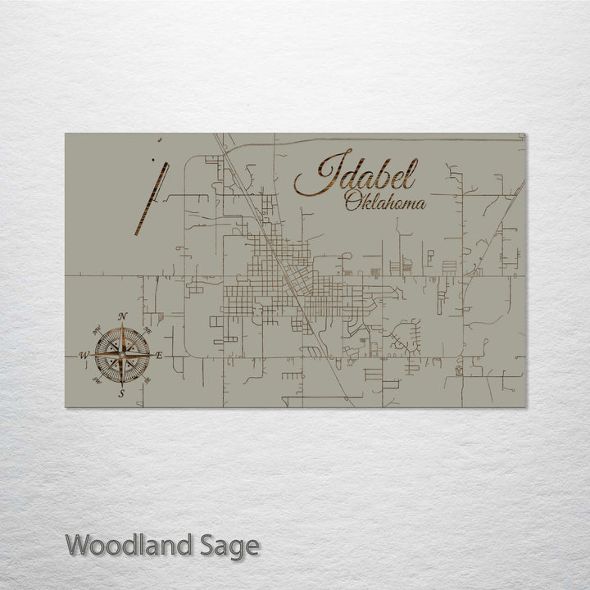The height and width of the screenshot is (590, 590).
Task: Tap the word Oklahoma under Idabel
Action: click(385, 201)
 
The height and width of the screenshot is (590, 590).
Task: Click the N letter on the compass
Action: click(122, 316)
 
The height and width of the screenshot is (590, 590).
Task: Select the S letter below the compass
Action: click(121, 394)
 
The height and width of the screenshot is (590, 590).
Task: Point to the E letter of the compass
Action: click(159, 355)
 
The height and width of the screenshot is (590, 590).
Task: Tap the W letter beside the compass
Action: click(84, 355)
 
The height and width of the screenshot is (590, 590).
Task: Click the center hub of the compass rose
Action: click(122, 355)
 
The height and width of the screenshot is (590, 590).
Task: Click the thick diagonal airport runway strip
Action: click(152, 199)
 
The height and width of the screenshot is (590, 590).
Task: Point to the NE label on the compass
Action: click(147, 329)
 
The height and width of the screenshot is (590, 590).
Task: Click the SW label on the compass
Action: click(97, 381)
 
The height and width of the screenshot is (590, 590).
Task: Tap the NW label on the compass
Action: click(96, 329)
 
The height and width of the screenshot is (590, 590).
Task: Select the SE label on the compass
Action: click(148, 381)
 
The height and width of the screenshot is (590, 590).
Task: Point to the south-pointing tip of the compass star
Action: click(122, 384)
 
